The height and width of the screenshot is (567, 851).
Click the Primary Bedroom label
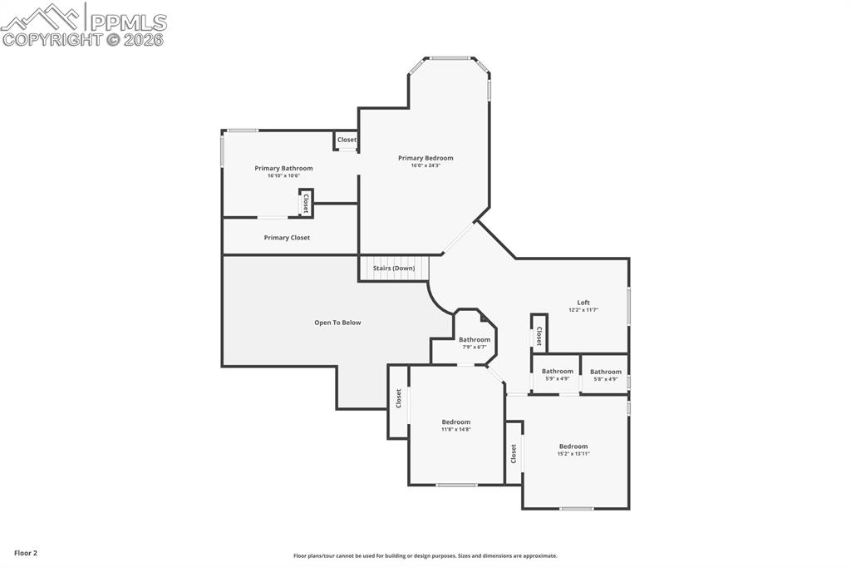click(x=425, y=158)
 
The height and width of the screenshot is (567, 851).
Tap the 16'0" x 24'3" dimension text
click(x=425, y=165)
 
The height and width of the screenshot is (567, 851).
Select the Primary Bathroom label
click(x=283, y=168)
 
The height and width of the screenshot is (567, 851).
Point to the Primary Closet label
click(x=287, y=238)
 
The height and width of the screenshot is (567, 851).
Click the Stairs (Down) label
click(x=394, y=269)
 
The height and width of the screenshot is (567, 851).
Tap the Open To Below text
click(x=337, y=323)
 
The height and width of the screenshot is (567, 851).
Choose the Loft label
click(x=583, y=303)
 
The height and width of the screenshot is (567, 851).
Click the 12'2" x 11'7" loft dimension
click(x=583, y=310)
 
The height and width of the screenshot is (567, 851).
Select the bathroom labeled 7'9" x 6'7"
click(x=475, y=339)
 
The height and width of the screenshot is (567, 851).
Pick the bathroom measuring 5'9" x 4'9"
click(x=557, y=372)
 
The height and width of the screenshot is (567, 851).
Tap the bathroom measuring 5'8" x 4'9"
click(x=606, y=372)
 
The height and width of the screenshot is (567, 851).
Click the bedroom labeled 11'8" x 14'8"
click(x=455, y=422)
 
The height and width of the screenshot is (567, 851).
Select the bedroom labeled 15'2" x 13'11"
click(x=573, y=446)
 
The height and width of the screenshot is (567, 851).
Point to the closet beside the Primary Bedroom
click(x=347, y=140)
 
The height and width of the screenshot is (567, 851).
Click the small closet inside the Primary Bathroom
click(x=306, y=203)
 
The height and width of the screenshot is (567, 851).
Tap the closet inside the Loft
click(x=539, y=336)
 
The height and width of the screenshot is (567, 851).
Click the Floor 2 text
click(x=26, y=553)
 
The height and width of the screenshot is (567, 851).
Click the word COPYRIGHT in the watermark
click(x=52, y=39)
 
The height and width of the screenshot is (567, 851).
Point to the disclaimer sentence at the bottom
click(x=425, y=556)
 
